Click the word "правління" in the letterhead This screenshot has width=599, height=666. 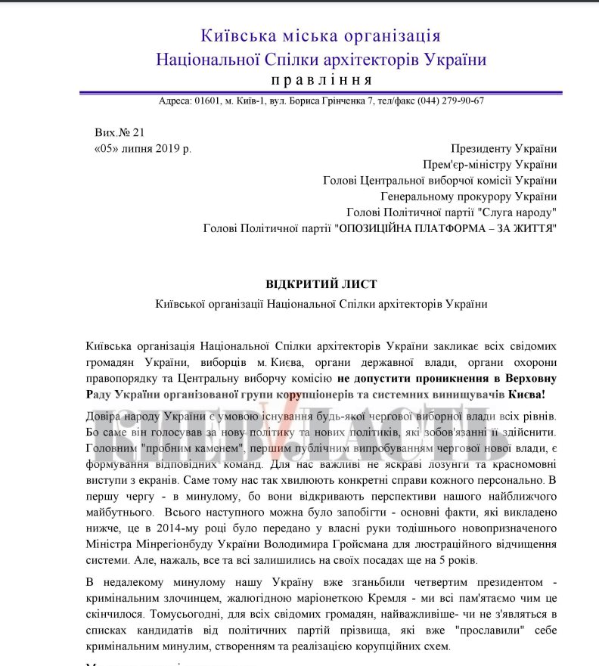(x=321, y=80)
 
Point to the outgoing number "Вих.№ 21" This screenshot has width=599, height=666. (x=119, y=132)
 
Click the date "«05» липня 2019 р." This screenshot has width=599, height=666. (x=143, y=148)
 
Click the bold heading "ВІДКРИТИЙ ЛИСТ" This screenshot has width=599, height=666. (x=321, y=283)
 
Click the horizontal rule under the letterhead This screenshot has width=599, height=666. (x=321, y=92)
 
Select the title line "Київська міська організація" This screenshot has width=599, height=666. (x=321, y=36)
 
